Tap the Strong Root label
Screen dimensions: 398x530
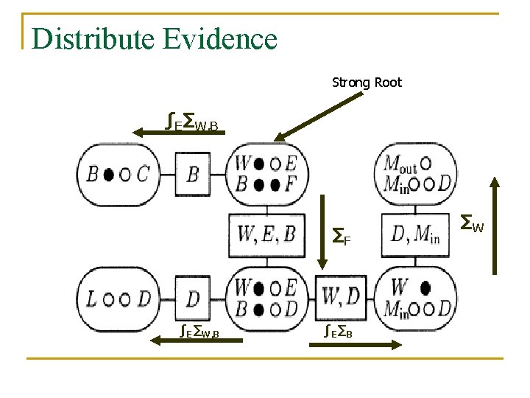(367, 83)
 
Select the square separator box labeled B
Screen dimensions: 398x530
(193, 174)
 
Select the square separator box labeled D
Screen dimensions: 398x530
(193, 298)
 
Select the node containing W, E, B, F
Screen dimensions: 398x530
(266, 173)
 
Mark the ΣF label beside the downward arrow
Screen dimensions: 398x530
(340, 237)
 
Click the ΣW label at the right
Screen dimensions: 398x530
(471, 220)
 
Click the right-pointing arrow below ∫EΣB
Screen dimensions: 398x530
(361, 343)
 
